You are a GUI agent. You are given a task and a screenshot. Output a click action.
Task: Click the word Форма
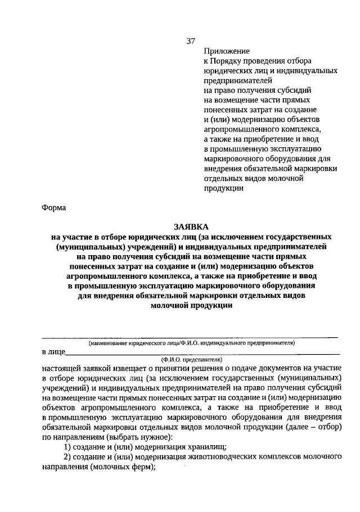(54, 208)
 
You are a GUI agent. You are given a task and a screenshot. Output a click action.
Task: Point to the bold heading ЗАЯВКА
(191, 226)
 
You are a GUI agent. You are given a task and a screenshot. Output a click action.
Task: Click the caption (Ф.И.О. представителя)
(191, 359)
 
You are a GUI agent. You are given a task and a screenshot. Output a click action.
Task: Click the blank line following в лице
(202, 354)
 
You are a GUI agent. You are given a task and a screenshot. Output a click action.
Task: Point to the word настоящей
(61, 368)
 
